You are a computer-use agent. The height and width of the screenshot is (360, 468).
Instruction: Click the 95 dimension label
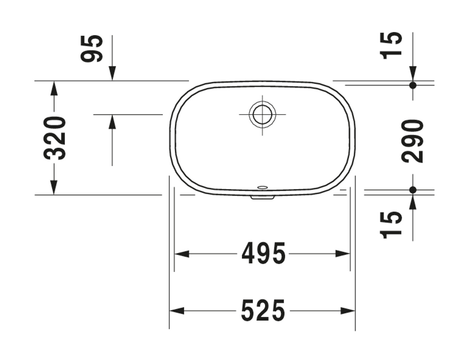[x=92, y=49]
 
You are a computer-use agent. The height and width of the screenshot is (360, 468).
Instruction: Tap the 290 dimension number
[x=413, y=141]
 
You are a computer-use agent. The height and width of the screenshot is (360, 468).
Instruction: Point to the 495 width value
[x=264, y=253]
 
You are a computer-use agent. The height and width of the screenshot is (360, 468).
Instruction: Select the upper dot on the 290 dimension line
[x=413, y=85]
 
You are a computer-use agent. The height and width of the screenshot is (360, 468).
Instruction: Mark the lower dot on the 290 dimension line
[x=413, y=190]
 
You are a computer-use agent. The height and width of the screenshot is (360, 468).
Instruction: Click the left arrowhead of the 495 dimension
[x=181, y=254]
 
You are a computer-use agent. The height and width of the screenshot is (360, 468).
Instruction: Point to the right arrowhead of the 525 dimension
[x=348, y=311]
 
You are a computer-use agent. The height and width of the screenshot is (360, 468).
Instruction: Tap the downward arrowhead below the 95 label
[x=112, y=74]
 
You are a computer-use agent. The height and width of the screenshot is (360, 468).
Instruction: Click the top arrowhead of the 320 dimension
[x=54, y=89]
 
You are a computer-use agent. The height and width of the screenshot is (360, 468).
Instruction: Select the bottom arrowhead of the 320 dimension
[x=54, y=188]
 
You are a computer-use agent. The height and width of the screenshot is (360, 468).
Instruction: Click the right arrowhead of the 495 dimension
[x=343, y=254]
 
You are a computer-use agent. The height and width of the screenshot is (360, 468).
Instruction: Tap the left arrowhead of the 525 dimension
[x=177, y=311]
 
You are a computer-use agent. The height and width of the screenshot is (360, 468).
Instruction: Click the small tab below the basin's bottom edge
[x=262, y=197]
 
